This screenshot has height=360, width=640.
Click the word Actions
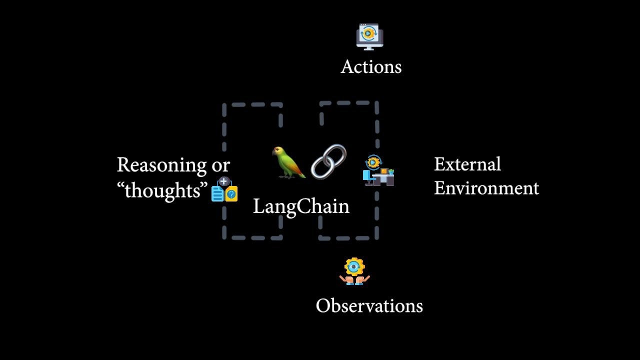coord(371,67)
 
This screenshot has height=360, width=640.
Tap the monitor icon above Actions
coord(369,36)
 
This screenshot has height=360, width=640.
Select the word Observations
coord(369,305)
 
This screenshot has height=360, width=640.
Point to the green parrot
coord(287,162)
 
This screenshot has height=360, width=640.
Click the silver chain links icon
coord(328,161)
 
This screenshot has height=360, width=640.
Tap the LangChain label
coord(301,206)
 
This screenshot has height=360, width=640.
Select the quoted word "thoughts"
coord(165,190)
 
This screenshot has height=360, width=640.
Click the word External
coord(467,164)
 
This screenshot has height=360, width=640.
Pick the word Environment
coord(486,188)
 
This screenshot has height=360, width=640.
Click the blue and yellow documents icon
coord(224,190)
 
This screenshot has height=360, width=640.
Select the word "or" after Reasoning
coord(220,165)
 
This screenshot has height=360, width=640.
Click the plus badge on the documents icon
coord(224,181)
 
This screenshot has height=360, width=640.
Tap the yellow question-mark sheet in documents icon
coord(231,194)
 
